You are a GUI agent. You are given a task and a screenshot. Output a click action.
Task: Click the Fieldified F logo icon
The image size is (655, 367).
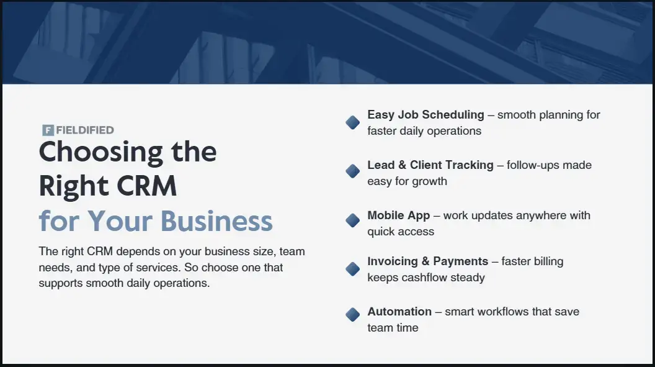click(x=48, y=130)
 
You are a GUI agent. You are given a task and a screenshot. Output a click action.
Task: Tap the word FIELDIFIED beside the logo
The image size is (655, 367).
click(x=85, y=130)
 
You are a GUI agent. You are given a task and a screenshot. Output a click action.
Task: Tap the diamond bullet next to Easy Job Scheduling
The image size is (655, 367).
click(x=352, y=122)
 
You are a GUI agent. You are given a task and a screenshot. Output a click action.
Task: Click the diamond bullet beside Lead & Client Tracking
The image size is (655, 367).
click(x=352, y=171)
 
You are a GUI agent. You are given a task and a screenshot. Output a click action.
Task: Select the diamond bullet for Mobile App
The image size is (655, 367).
click(x=352, y=220)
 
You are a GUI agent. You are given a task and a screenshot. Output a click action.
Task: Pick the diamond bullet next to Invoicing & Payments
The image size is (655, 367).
click(x=352, y=269)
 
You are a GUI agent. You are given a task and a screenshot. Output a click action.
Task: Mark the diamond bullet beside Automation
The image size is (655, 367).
click(x=352, y=315)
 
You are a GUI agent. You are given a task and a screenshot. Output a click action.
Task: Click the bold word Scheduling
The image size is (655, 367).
click(x=453, y=115)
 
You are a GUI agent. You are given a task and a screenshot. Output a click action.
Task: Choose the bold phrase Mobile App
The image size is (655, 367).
click(x=398, y=215)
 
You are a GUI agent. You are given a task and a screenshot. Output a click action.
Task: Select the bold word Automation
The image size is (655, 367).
click(x=399, y=312)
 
